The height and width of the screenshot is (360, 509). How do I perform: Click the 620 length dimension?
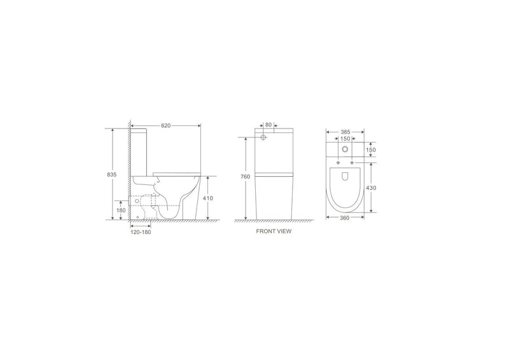pyautogui.click(x=165, y=126)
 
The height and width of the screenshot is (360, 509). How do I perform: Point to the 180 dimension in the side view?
pyautogui.click(x=121, y=210)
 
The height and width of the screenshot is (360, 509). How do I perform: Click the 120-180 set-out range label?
pyautogui.click(x=140, y=232)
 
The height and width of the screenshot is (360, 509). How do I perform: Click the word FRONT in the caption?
pyautogui.click(x=265, y=232)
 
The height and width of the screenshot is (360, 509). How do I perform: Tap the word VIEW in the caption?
pyautogui.click(x=284, y=232)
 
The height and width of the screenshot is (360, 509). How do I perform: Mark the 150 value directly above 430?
pyautogui.click(x=372, y=151)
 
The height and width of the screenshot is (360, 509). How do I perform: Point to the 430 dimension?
pyautogui.click(x=372, y=189)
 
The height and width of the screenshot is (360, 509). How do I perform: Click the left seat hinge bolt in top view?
pyautogui.click(x=337, y=163)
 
